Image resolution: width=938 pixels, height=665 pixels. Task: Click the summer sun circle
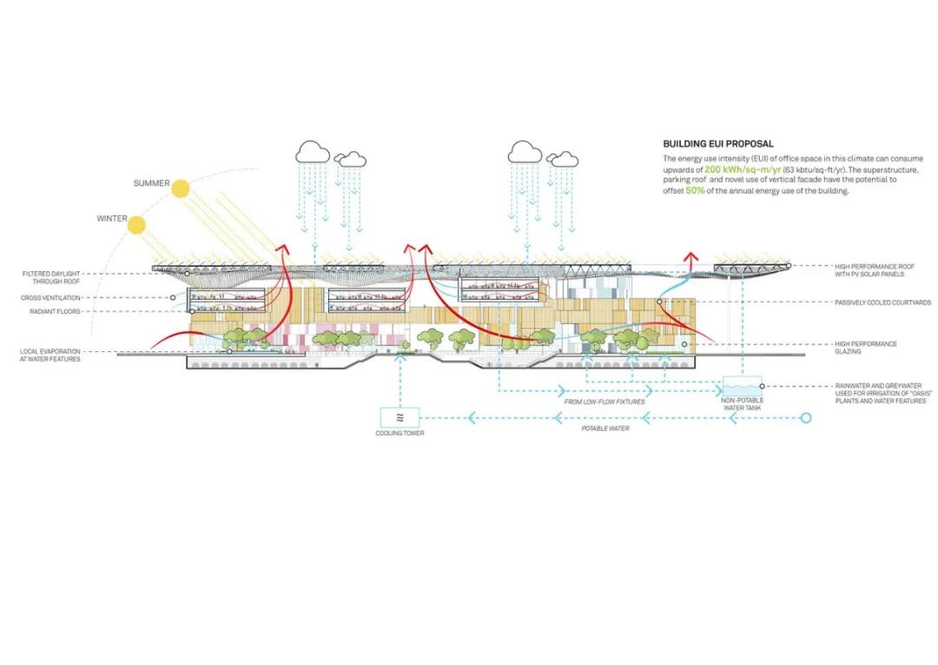click(x=182, y=189)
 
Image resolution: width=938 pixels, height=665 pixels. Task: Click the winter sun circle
click(x=136, y=226)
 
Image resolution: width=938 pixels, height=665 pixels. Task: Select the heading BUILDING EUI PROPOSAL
click(x=717, y=143)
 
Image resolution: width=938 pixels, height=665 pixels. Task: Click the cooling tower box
click(x=400, y=417)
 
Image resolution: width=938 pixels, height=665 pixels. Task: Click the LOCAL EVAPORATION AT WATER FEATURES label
click(x=50, y=355)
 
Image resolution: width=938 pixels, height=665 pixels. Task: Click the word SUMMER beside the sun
click(x=151, y=183)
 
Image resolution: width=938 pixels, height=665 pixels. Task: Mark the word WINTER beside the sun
click(x=112, y=219)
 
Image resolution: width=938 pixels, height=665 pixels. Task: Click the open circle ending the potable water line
click(x=805, y=418)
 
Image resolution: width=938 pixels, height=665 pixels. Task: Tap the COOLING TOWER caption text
click(x=400, y=433)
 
